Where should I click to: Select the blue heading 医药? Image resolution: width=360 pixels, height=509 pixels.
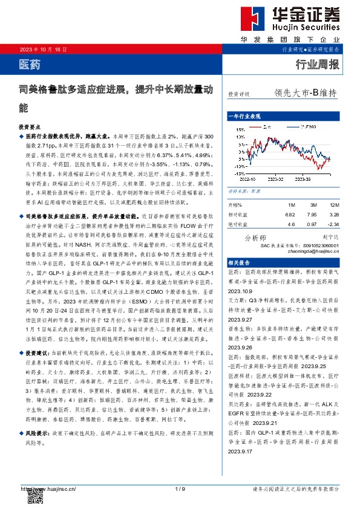click(x=30, y=63)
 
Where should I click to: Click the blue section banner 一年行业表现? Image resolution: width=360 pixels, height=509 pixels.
click(x=244, y=115)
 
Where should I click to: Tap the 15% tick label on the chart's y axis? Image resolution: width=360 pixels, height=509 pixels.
click(x=240, y=128)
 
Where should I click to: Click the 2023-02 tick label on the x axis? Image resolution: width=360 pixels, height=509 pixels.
click(x=277, y=178)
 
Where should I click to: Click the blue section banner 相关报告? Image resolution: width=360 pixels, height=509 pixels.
click(x=240, y=264)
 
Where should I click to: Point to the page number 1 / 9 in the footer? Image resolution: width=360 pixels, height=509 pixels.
click(x=179, y=488)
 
